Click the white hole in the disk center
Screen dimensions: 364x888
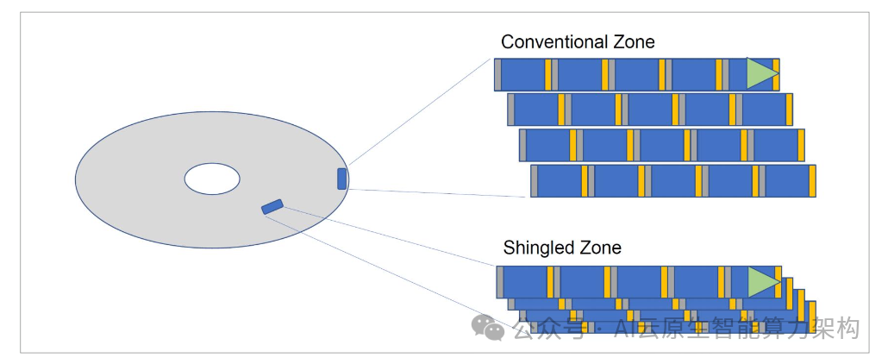212,179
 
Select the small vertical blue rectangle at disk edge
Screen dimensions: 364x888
342,179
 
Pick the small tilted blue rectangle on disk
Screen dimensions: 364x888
272,206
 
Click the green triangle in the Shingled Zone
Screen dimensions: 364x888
762,282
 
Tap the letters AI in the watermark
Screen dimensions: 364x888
625,328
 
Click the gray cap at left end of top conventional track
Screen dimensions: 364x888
497,75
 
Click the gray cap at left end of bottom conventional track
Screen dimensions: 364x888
534,181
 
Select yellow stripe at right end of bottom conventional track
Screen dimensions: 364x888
811,181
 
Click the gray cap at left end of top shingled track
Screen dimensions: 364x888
500,282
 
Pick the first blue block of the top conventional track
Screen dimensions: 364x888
522,75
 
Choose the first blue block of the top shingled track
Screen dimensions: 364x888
524,282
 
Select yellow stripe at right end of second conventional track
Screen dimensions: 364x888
788,110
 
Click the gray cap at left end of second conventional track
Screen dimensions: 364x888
510,110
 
